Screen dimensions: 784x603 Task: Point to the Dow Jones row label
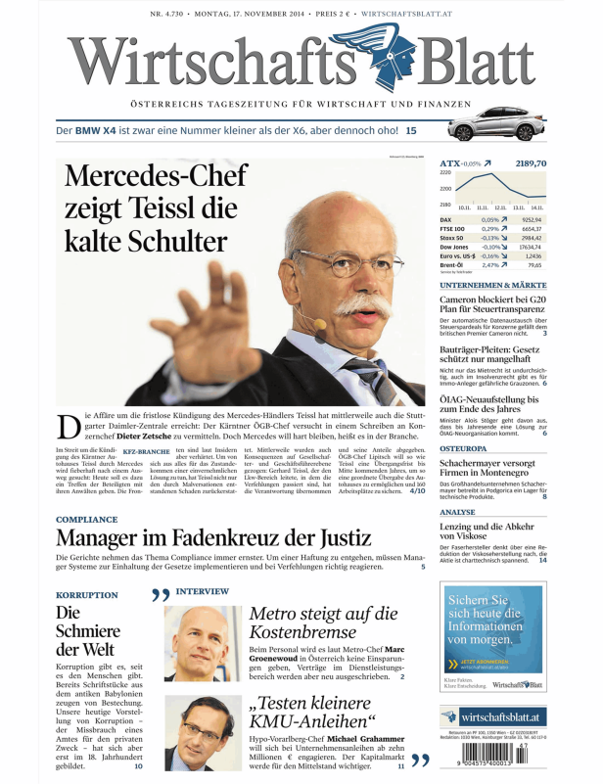[455, 247]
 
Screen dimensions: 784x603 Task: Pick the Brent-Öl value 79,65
[534, 265]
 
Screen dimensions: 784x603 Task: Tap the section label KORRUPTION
[87, 593]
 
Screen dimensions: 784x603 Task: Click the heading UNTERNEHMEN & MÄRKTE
[492, 285]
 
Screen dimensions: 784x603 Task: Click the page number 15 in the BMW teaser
[411, 130]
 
